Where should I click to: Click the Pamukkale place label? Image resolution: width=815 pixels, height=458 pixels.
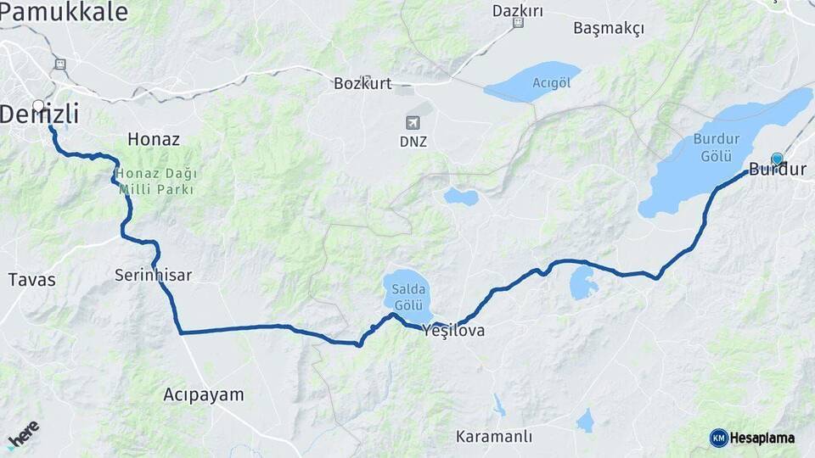(x=64, y=12)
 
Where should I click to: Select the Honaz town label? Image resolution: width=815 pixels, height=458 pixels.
(x=153, y=138)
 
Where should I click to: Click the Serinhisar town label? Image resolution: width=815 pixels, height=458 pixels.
(x=154, y=275)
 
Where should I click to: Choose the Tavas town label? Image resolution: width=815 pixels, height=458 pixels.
(x=31, y=279)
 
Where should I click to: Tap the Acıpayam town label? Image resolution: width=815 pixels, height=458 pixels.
(x=203, y=394)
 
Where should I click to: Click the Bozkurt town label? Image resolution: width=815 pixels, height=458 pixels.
(x=363, y=83)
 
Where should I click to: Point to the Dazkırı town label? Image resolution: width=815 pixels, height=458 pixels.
(x=518, y=11)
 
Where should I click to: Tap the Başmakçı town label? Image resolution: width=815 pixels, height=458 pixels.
(x=609, y=28)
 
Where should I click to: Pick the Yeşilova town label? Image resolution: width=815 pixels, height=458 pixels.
(x=453, y=331)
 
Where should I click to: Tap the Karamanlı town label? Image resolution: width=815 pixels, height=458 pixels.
(x=494, y=437)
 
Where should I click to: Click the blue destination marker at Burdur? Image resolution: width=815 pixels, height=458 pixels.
(x=777, y=159)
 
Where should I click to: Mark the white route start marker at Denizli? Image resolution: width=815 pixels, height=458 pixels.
(x=38, y=106)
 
